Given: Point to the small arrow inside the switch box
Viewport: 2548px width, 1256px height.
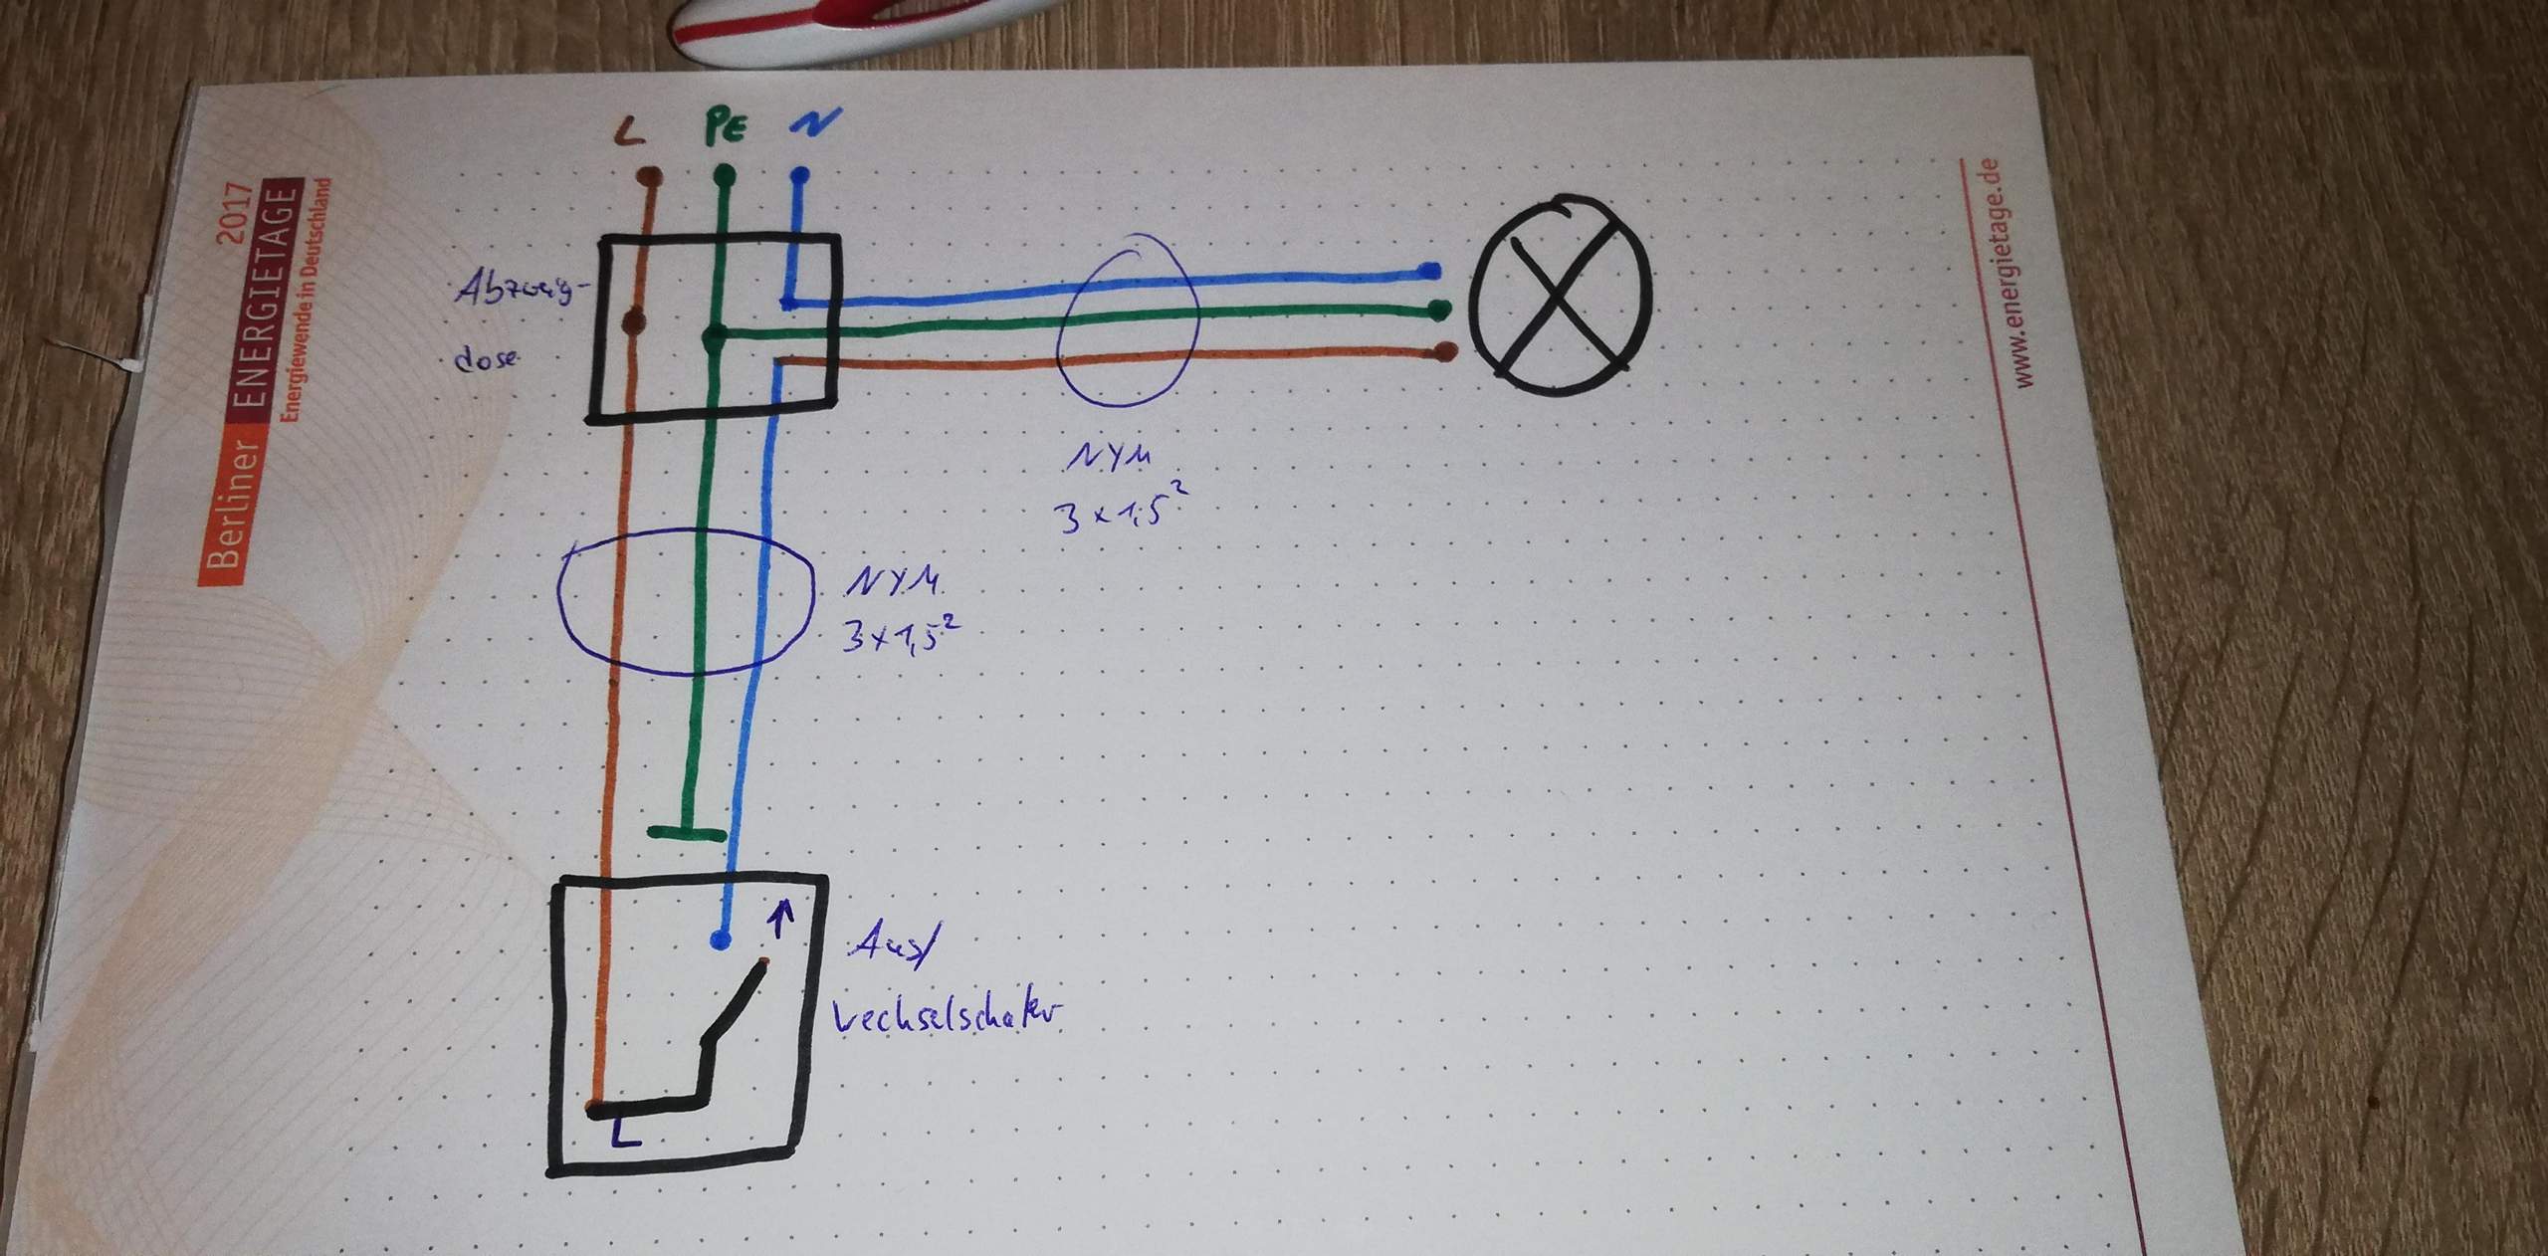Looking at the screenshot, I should coord(784,914).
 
